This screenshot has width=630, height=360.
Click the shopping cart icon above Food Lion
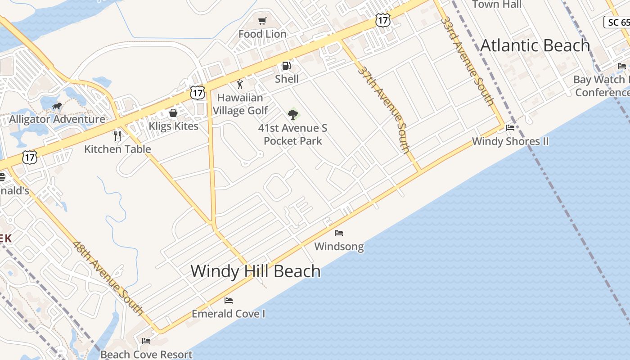(262, 21)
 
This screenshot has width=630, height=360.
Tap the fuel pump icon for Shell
(286, 66)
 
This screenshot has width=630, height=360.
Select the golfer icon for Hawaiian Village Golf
(240, 84)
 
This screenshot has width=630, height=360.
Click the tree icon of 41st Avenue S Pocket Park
(293, 114)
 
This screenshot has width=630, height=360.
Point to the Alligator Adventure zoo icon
(57, 106)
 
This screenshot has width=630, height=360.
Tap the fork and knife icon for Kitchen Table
(117, 135)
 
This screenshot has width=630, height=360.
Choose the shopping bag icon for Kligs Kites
(173, 112)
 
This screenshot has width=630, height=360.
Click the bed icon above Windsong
(339, 233)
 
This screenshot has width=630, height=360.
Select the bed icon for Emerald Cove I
(229, 300)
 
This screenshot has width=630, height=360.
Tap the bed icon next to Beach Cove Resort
(146, 341)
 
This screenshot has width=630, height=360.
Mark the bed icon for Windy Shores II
(510, 128)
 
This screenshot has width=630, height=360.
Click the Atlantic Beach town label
(535, 45)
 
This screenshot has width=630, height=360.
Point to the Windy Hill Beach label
(256, 271)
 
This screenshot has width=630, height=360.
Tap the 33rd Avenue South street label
(468, 61)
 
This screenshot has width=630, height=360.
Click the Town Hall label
(497, 4)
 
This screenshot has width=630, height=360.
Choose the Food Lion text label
(262, 34)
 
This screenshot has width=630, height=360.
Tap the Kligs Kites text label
(174, 126)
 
